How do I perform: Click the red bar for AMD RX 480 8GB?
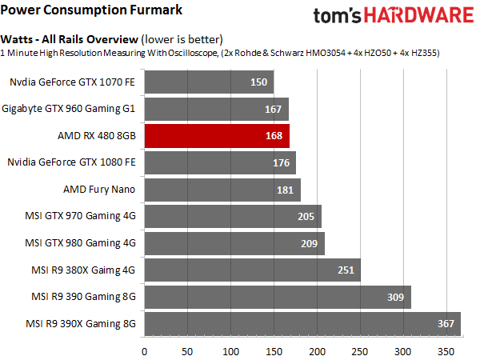click(216, 136)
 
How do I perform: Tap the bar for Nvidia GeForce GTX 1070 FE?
click(208, 82)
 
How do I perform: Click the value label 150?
click(258, 82)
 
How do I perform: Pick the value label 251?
click(346, 270)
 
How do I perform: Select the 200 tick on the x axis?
click(318, 350)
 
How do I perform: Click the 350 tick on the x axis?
click(449, 350)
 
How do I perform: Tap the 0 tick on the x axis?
click(145, 350)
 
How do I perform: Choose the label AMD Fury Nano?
click(99, 190)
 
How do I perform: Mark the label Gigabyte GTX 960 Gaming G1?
click(69, 109)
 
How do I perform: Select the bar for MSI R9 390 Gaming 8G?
click(277, 298)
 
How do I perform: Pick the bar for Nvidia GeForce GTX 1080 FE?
click(220, 162)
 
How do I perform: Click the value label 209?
click(310, 243)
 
